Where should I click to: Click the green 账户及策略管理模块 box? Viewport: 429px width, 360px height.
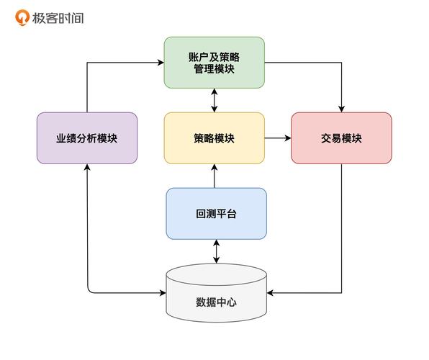214,62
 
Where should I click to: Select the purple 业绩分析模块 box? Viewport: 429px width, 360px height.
87,138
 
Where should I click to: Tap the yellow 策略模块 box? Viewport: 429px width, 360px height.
214,138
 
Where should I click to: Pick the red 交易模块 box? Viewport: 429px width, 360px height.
341,138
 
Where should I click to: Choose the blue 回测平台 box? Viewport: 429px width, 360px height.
216,213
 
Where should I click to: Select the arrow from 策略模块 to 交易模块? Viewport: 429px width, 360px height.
277,138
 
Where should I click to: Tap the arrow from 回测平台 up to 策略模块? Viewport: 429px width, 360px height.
214,176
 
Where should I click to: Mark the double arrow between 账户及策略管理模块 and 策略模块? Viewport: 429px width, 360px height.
214,100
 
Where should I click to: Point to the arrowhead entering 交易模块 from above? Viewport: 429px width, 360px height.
341,108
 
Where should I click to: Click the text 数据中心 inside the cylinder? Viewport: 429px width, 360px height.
216,302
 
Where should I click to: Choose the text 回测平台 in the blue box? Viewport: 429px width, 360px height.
216,214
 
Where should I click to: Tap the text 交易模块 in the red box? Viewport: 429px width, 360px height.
341,138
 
